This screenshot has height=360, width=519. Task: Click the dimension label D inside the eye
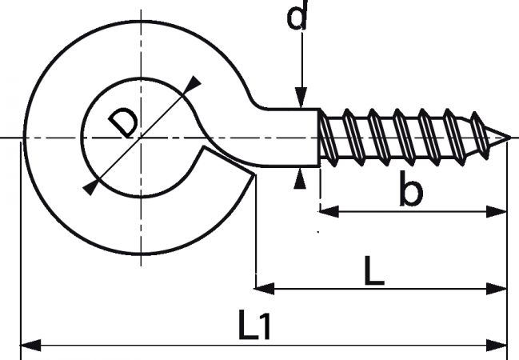pos(123,122)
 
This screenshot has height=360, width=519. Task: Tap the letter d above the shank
pos(297,14)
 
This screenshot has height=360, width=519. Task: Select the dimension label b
pos(411,188)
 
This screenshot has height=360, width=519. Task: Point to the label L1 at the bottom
pos(254,326)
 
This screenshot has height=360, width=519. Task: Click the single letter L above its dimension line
pos(374,270)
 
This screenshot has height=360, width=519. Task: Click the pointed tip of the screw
pos(509,137)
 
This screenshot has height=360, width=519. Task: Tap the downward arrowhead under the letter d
pos(301,98)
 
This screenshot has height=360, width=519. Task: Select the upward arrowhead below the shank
pos(300,178)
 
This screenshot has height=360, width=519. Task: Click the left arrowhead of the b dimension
pos(329,211)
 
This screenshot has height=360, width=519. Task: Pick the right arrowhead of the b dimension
pos(497,211)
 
